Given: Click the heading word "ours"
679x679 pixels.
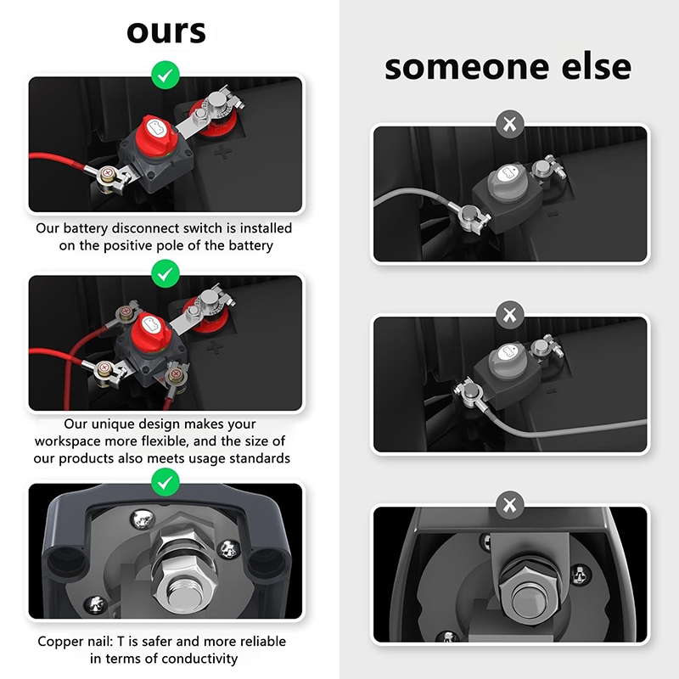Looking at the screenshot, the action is click(x=166, y=32).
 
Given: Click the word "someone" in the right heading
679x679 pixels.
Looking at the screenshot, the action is click(x=466, y=67).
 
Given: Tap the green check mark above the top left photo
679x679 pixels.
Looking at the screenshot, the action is click(x=166, y=76).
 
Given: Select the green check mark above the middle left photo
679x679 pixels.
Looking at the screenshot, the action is click(x=166, y=273).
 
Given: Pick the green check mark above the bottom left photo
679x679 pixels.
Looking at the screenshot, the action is click(x=166, y=482).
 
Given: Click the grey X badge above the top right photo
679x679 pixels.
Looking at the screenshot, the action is click(x=510, y=124).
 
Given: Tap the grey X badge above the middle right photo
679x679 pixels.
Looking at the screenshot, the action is click(x=510, y=315).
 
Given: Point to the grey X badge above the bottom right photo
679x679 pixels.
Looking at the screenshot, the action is click(x=510, y=505).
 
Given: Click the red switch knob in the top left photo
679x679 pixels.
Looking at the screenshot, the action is click(x=157, y=132).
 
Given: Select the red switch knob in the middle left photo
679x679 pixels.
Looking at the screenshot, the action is click(x=150, y=330).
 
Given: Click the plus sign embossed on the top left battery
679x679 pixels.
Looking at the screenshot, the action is click(x=222, y=152).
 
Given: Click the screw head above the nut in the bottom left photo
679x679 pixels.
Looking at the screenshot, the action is click(x=143, y=519).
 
